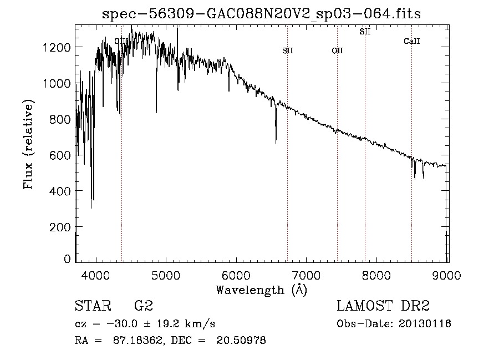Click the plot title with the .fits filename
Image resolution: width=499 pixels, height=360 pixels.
(262, 14)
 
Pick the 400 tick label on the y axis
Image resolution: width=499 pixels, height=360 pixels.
(59, 191)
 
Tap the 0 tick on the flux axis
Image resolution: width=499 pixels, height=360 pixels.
(68, 258)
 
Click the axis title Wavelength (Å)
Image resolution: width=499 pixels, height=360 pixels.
(261, 290)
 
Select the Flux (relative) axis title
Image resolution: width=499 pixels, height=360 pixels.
(28, 144)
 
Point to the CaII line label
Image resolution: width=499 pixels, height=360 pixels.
(411, 41)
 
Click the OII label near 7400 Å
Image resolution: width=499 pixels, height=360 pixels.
(337, 51)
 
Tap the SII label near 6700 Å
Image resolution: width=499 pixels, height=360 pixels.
(287, 51)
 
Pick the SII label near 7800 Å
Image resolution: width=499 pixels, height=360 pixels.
(365, 32)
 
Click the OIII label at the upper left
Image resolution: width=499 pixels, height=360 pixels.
(120, 41)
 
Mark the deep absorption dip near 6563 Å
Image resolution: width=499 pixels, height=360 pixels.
(276, 139)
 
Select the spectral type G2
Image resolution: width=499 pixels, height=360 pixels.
(143, 306)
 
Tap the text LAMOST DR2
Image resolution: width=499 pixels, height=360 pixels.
(383, 306)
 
